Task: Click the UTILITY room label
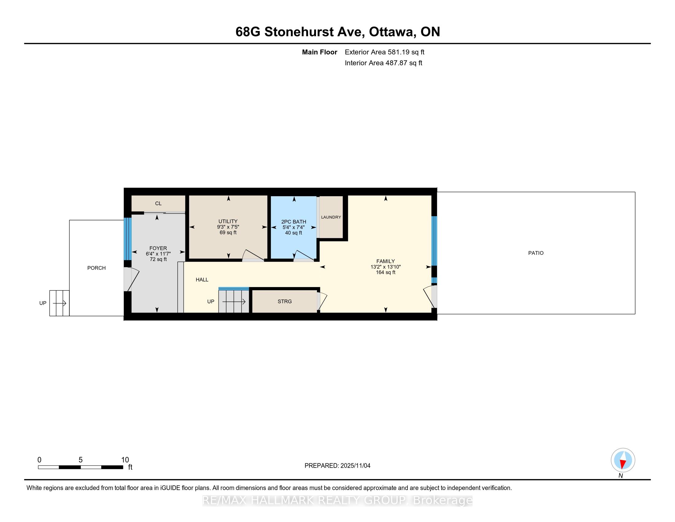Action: [228, 221]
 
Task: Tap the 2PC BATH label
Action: [294, 222]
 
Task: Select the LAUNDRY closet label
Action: [331, 217]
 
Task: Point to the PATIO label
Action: [536, 253]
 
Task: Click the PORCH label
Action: [96, 268]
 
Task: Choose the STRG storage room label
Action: [284, 301]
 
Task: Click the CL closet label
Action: [158, 204]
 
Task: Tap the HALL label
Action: [202, 279]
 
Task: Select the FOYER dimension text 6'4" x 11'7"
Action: [158, 254]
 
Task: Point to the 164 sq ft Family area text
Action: [385, 272]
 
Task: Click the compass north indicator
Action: [623, 460]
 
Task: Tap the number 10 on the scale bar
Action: [125, 460]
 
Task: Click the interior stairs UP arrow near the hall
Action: [234, 302]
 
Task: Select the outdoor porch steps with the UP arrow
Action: [59, 303]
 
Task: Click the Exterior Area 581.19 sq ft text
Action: [384, 52]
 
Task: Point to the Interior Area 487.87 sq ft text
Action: [383, 63]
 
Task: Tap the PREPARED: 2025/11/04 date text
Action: [337, 466]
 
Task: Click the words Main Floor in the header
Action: [319, 52]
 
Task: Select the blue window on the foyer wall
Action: [128, 239]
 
